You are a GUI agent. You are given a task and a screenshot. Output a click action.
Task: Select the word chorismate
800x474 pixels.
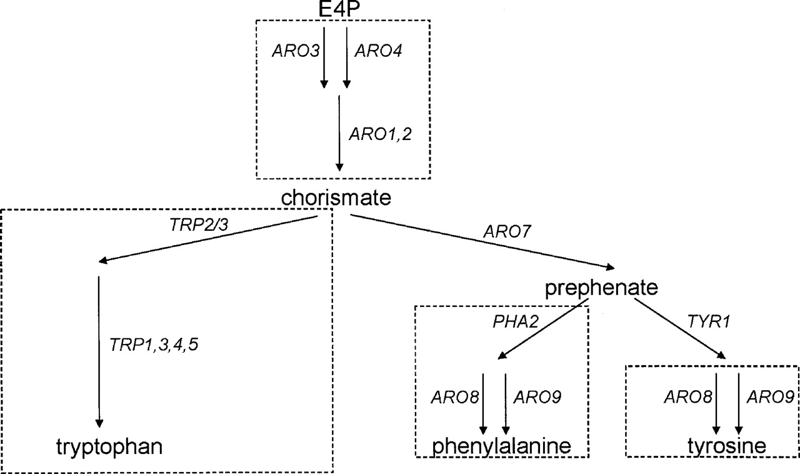click(336, 198)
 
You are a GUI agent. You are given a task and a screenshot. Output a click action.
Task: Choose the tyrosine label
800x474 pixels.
click(727, 446)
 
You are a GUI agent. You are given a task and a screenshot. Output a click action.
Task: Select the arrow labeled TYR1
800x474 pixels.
click(679, 329)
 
